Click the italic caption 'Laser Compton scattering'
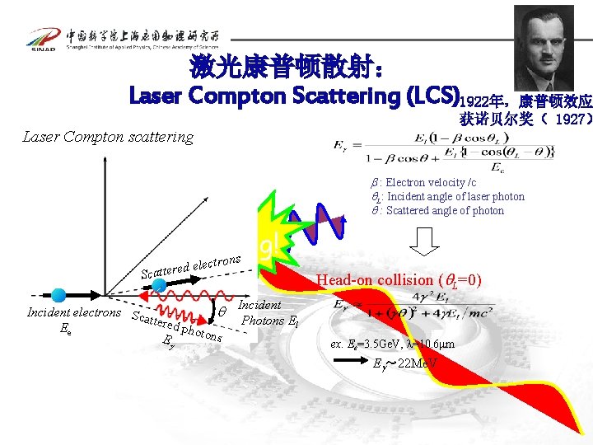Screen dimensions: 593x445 108,137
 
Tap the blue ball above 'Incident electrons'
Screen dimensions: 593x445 58,293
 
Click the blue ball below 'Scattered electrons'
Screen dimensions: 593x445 160,286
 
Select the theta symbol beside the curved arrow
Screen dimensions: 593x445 222,311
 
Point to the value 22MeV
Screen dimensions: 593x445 416,363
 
